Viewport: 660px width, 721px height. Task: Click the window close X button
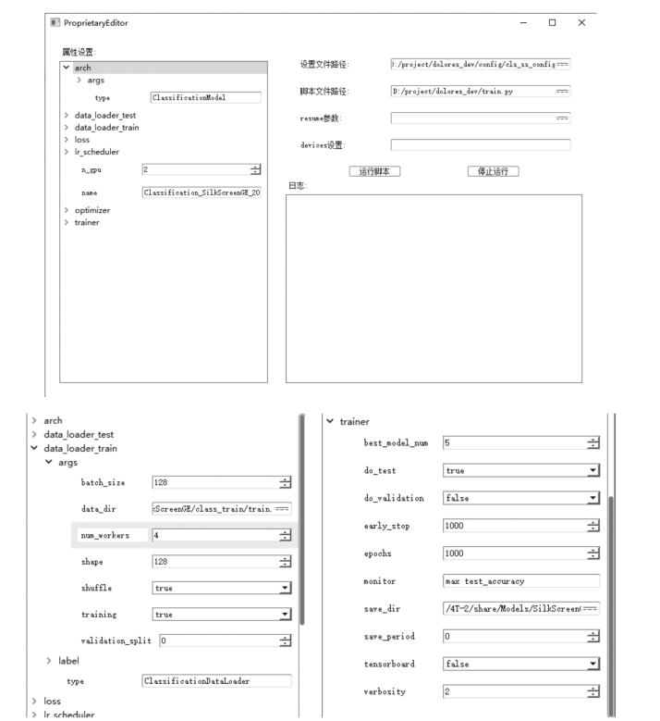pos(581,22)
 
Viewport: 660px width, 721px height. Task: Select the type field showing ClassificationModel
pos(205,97)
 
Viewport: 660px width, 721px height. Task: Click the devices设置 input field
pos(480,145)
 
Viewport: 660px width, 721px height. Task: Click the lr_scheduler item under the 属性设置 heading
pos(96,152)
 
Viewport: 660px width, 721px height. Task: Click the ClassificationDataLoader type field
pos(216,681)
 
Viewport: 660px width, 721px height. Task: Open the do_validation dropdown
pos(521,498)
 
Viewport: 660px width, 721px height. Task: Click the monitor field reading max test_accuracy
pos(521,581)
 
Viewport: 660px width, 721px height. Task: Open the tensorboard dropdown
pos(521,664)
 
